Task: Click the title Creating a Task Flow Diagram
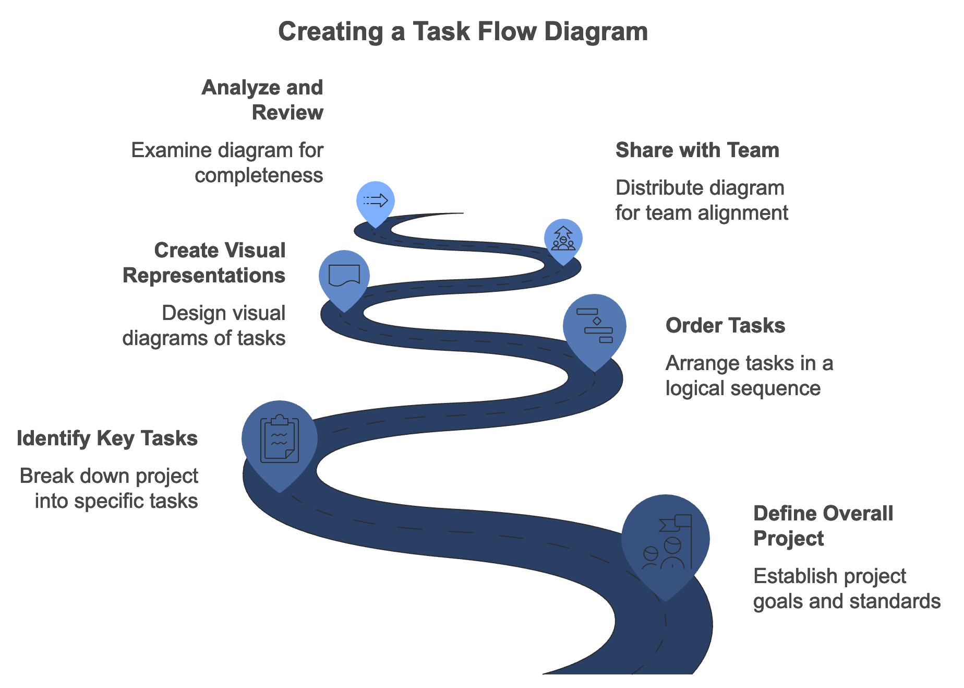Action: [463, 31]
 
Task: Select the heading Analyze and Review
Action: [262, 100]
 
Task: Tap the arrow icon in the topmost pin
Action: [376, 200]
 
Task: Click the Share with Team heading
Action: [697, 150]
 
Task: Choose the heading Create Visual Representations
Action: [204, 263]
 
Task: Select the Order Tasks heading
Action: [725, 326]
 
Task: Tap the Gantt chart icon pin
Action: [595, 326]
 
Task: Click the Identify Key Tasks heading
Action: [107, 438]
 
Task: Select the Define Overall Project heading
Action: [823, 526]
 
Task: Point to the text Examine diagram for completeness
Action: [227, 162]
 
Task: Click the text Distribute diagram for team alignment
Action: [701, 200]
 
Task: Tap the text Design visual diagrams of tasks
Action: [204, 325]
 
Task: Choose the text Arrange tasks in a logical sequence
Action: [749, 375]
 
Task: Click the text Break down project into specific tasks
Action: [109, 488]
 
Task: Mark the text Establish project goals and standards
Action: [846, 588]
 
